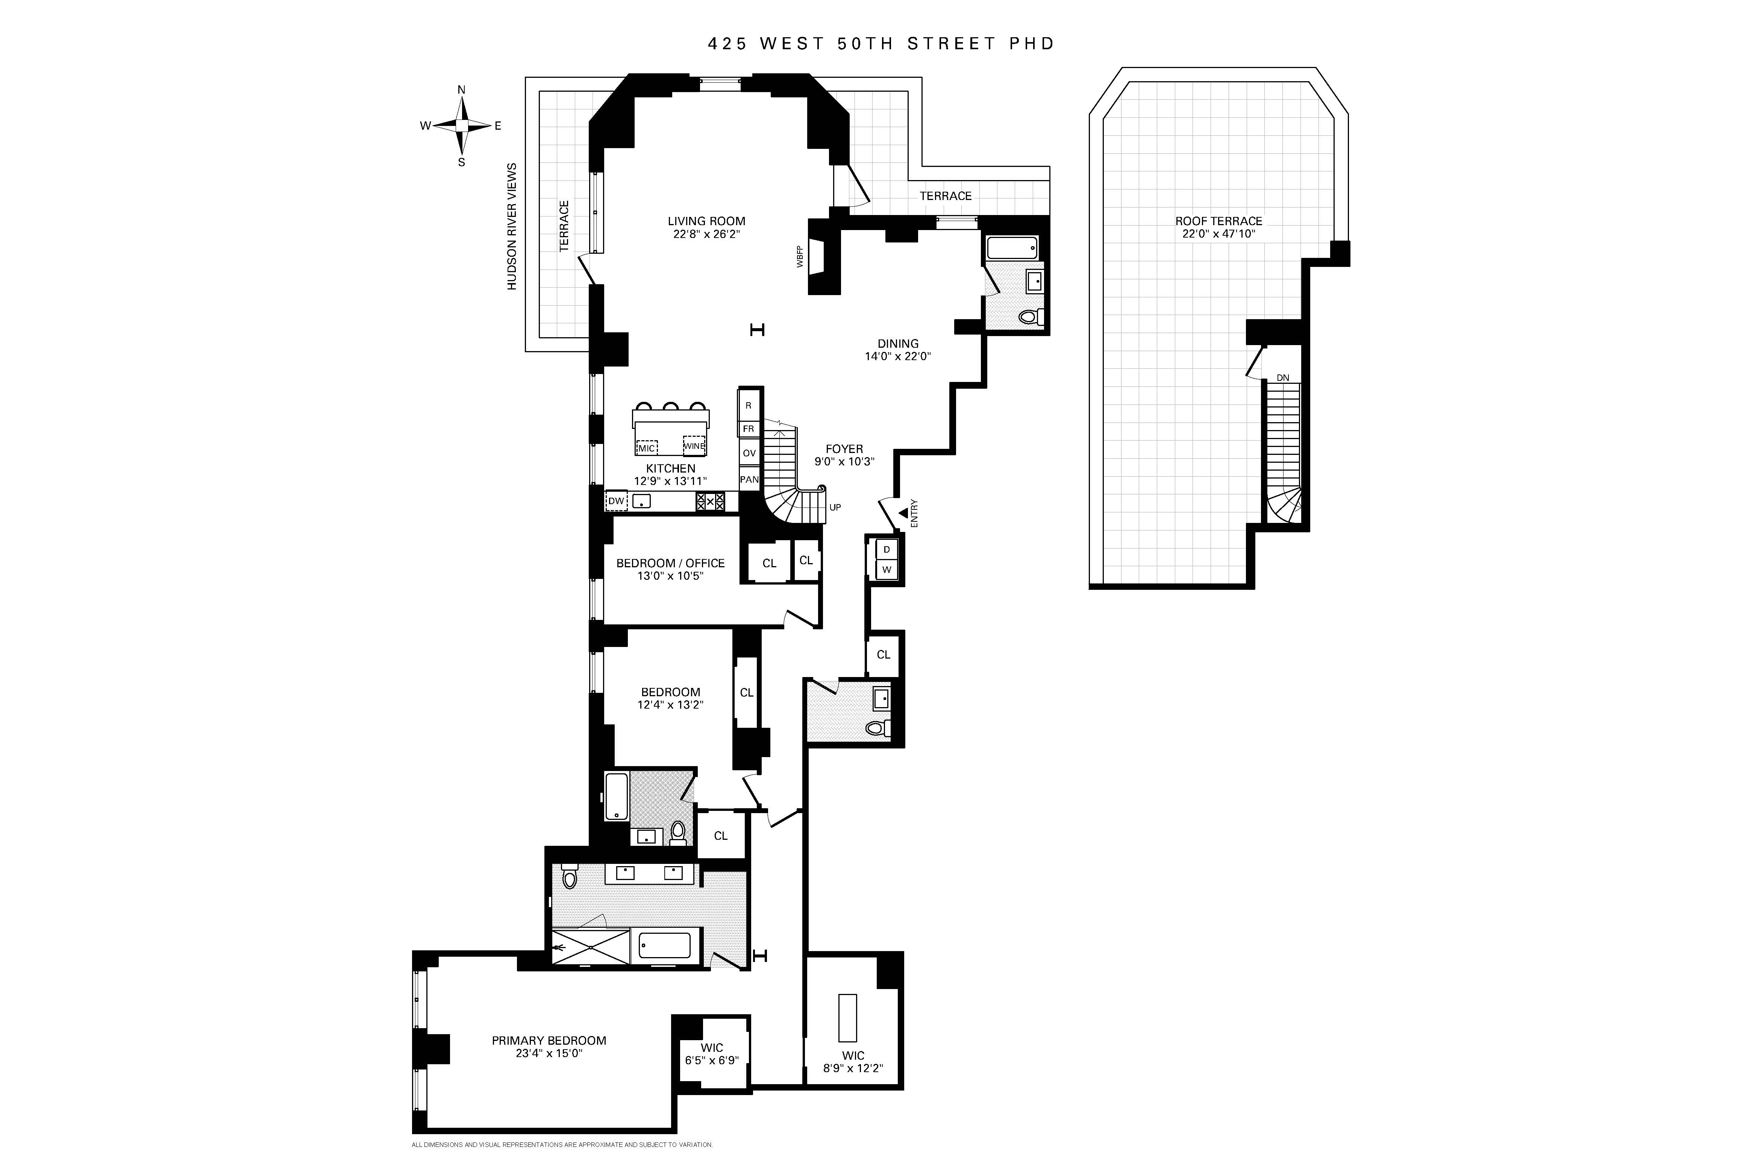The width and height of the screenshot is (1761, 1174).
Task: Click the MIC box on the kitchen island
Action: click(646, 448)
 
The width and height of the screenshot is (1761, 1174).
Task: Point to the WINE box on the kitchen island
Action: click(694, 445)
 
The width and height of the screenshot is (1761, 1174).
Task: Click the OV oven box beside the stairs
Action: click(749, 453)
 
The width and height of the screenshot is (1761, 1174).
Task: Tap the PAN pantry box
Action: click(749, 479)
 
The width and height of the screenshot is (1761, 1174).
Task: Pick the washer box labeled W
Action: click(887, 570)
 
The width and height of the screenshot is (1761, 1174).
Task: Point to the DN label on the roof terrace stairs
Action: click(1282, 378)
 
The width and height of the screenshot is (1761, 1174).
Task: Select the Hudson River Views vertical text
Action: click(512, 226)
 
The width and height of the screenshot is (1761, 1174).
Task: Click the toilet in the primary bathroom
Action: click(570, 876)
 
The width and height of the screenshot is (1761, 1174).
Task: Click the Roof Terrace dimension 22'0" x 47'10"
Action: click(1218, 233)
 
